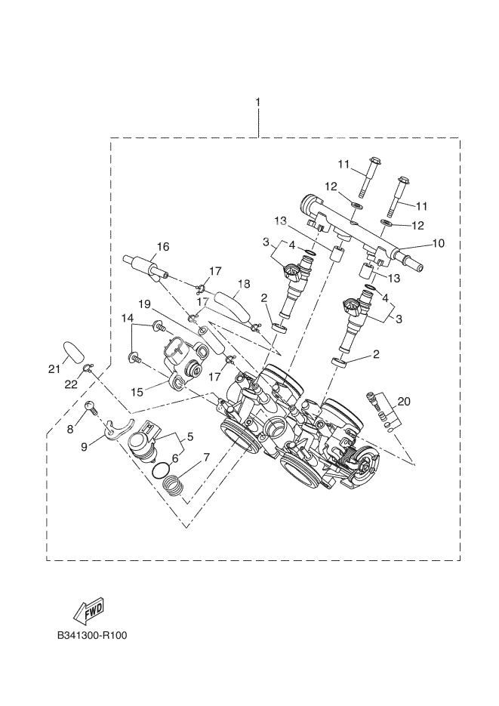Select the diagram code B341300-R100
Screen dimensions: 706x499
click(91, 635)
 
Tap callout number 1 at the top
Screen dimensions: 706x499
click(258, 102)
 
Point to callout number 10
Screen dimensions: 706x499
click(438, 243)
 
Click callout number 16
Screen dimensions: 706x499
click(163, 246)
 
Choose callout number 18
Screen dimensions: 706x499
click(243, 284)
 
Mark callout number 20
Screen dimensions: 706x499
click(404, 402)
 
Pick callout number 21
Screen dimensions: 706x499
click(54, 368)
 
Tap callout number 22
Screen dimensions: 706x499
click(71, 384)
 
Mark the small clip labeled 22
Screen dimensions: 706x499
click(89, 368)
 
